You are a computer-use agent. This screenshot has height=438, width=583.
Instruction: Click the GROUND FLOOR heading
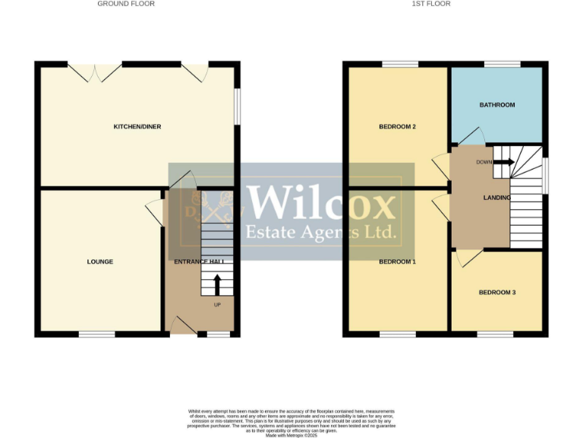(126, 4)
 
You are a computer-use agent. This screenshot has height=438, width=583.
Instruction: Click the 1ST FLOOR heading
(431, 4)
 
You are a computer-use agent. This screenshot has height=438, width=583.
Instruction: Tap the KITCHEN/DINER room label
(137, 126)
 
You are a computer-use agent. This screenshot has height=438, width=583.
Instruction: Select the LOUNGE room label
(100, 262)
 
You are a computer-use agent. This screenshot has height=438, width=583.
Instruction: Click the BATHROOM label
(497, 105)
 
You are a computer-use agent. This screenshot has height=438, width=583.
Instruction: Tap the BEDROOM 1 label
(398, 262)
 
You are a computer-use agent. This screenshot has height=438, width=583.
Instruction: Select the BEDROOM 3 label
(497, 292)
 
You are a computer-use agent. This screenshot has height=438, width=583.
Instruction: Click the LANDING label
(497, 198)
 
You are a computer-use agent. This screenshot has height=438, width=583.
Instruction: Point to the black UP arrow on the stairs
(217, 284)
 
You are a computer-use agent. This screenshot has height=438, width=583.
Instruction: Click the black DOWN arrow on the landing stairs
(505, 161)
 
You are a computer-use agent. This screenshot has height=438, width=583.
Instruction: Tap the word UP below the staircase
(217, 305)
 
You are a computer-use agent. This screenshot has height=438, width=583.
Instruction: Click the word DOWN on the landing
(484, 162)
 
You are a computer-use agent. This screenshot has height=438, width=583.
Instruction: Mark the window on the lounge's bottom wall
(97, 333)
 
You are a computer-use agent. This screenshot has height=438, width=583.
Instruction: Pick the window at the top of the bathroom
(497, 64)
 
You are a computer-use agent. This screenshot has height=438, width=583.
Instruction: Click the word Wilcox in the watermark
(322, 204)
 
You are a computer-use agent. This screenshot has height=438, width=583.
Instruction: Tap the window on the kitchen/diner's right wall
(237, 106)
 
